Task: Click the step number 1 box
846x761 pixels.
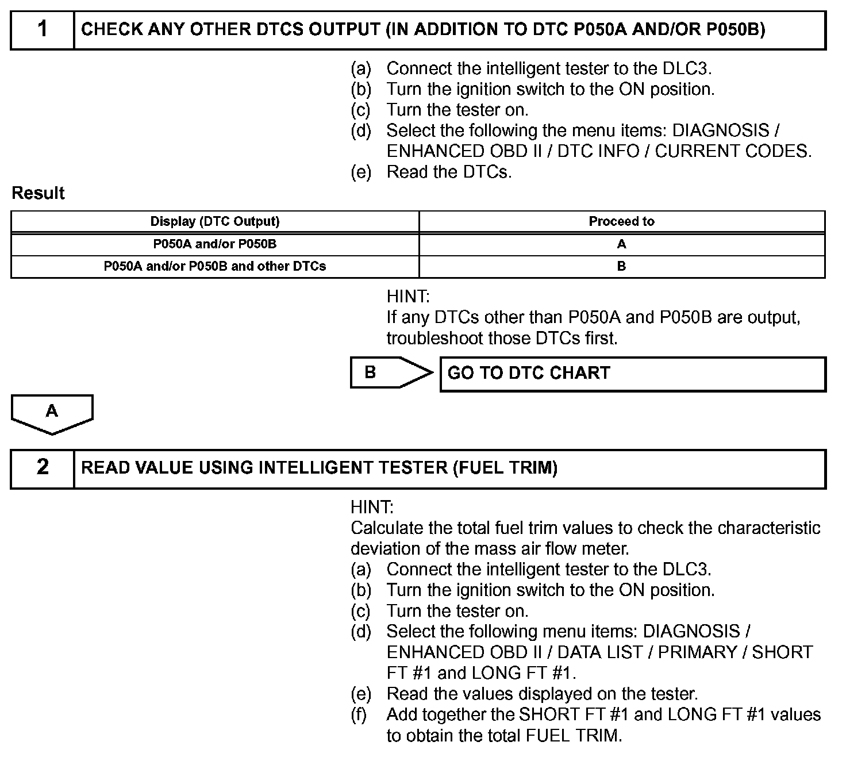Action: tap(43, 29)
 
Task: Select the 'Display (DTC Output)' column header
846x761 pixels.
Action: tap(215, 221)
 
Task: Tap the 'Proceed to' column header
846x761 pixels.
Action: tap(621, 221)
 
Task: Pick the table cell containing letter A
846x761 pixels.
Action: tap(621, 244)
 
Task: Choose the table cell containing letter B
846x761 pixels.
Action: tap(621, 267)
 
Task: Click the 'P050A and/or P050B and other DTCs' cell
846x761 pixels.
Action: tap(215, 267)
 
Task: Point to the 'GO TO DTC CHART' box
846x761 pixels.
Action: tap(632, 374)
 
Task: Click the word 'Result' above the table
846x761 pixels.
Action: tap(38, 193)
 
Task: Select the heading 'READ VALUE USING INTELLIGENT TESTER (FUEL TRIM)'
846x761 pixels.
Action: tap(320, 468)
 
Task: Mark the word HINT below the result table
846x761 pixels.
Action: tap(407, 297)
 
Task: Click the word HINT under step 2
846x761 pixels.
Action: tap(371, 508)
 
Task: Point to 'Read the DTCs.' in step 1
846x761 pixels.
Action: tap(449, 172)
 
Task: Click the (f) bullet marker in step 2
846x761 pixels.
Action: tap(360, 714)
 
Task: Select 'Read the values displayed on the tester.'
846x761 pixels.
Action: tap(542, 694)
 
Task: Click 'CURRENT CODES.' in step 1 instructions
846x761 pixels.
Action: tap(733, 151)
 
